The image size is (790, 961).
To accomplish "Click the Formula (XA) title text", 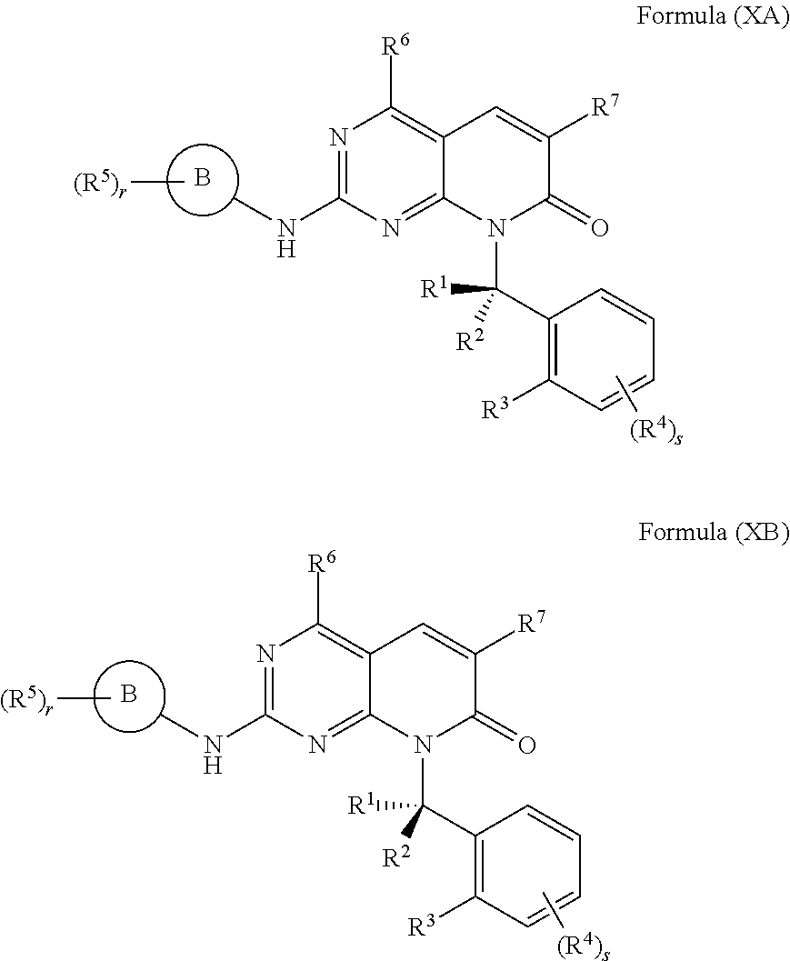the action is coord(713,19).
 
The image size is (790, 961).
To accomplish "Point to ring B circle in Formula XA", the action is coord(202,178).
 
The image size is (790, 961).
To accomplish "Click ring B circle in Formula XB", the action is coord(128,696).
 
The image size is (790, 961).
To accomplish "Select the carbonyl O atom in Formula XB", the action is coord(525,744).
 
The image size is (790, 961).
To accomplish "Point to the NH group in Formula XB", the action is coord(212,756).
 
